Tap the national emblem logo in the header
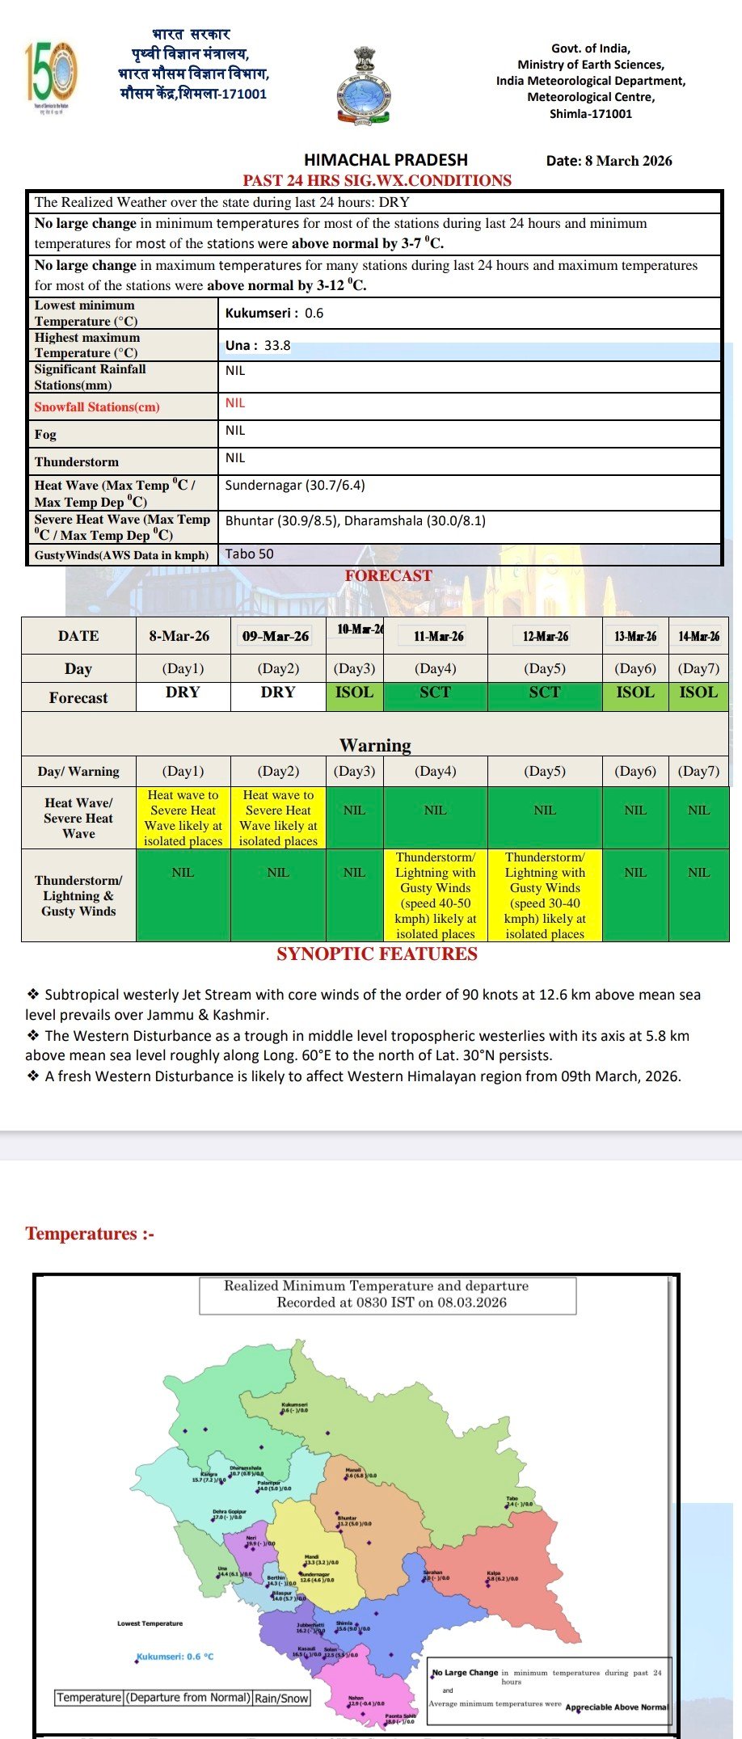(364, 85)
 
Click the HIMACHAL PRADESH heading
(386, 160)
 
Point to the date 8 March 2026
(609, 161)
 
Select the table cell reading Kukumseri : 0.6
(274, 314)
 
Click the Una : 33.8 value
(258, 345)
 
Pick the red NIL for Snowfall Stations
(235, 403)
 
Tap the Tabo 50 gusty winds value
(249, 554)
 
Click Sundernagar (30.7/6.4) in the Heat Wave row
(295, 486)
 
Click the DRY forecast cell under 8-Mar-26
(183, 693)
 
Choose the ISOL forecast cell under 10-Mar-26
(354, 693)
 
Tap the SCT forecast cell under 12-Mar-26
(545, 693)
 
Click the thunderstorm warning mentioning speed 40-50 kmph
(435, 895)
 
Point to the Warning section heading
(375, 745)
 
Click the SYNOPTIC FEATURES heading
(377, 954)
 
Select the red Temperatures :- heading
(89, 1234)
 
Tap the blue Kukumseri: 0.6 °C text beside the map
(175, 1657)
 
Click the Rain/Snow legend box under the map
(281, 1698)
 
